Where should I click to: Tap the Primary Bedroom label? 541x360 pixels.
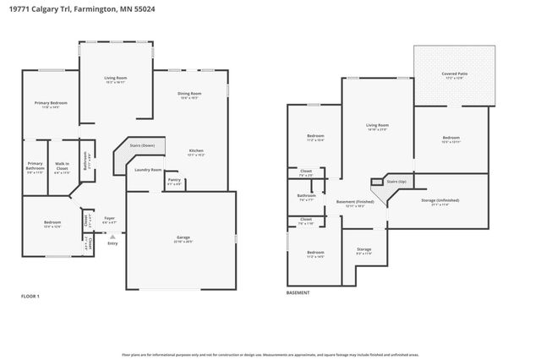click(51, 104)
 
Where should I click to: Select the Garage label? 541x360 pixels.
click(183, 238)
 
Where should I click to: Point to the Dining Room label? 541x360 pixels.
click(189, 94)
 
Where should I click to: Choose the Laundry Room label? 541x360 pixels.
click(148, 169)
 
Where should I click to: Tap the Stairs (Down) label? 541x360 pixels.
click(142, 145)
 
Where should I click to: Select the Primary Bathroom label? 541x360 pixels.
click(35, 166)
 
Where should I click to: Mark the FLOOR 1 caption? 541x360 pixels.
click(30, 296)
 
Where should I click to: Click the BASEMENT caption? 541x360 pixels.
click(298, 292)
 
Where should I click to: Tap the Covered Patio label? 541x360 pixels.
click(451, 74)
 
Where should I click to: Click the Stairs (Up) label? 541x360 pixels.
click(396, 181)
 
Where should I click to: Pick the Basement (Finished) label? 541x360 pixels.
click(355, 202)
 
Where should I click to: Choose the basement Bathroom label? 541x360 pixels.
click(306, 197)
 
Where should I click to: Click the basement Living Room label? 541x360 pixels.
click(377, 126)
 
